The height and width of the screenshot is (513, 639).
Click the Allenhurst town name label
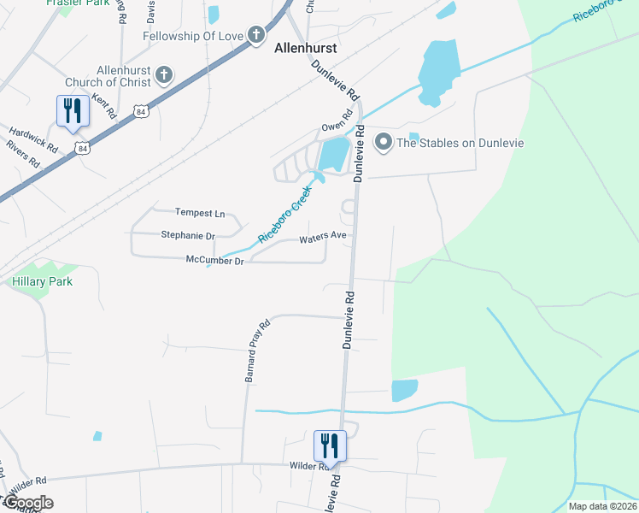point(305,49)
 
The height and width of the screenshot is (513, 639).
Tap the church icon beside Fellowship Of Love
point(255,35)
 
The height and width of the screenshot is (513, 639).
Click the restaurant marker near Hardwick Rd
point(71,111)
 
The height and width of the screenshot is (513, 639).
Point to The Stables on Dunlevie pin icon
point(384,142)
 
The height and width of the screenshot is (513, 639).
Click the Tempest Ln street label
point(199,212)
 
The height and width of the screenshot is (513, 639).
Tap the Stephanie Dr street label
point(188,234)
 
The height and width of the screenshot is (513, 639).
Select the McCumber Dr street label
point(216,260)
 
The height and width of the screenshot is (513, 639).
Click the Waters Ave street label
point(322,239)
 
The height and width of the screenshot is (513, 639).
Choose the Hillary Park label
point(42,281)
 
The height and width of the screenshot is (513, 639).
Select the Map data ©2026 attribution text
point(603,506)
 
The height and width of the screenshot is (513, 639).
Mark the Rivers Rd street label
point(23,154)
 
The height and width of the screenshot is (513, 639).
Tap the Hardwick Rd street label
point(34,140)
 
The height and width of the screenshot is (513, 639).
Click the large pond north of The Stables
point(440,73)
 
